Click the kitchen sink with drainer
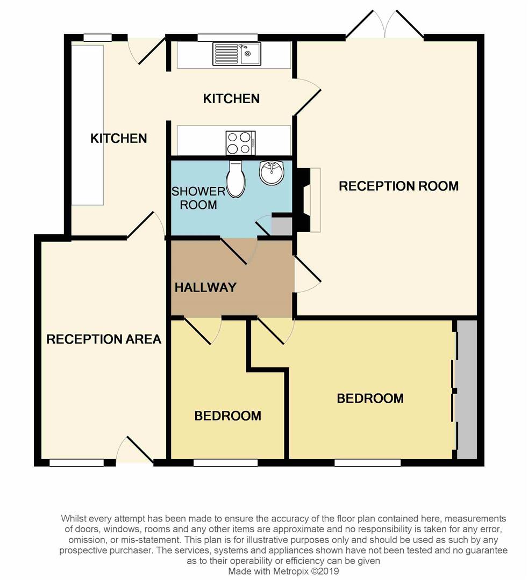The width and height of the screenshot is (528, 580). click(x=237, y=54)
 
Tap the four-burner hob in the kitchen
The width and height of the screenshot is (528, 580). click(x=241, y=143)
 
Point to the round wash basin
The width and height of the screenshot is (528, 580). click(x=272, y=172)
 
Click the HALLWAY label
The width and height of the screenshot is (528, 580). click(x=205, y=287)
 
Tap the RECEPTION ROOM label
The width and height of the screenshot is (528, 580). click(x=399, y=186)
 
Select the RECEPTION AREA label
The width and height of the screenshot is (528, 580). click(x=104, y=339)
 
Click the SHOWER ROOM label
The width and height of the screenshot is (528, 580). click(x=198, y=198)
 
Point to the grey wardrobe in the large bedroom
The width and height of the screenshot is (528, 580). click(x=467, y=389)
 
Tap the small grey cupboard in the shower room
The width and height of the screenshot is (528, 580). click(x=282, y=226)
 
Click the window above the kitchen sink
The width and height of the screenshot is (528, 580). click(x=227, y=38)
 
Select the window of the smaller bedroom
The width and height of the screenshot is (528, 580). click(x=225, y=463)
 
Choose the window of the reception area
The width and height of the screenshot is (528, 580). click(x=77, y=463)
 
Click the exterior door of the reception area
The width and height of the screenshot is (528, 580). click(x=134, y=450)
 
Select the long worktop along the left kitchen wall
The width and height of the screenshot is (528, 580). click(x=88, y=125)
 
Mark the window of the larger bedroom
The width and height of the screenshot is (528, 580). click(x=368, y=463)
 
